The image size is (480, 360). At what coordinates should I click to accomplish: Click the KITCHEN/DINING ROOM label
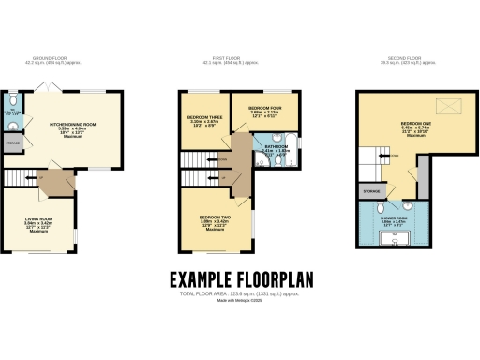(79, 125)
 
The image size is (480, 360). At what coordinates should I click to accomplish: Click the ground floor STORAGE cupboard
(13, 143)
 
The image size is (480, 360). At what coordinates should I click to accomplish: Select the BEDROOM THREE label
(204, 117)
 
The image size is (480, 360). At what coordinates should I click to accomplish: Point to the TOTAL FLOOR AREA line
(239, 294)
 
